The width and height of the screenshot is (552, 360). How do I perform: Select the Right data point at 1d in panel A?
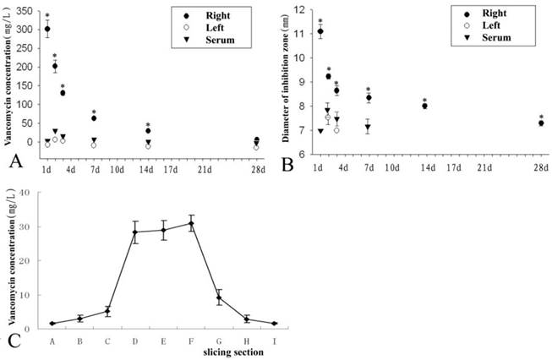pyautogui.click(x=47, y=29)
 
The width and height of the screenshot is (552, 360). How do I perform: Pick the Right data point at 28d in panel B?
pyautogui.click(x=540, y=123)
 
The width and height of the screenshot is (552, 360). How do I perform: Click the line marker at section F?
pyautogui.click(x=192, y=223)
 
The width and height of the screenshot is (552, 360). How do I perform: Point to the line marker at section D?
pyautogui.click(x=135, y=232)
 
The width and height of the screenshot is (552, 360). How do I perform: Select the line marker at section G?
pyautogui.click(x=219, y=297)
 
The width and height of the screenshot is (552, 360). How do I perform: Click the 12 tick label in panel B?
pyautogui.click(x=298, y=10)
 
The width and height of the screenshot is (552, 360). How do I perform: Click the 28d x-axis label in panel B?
pyautogui.click(x=538, y=167)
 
